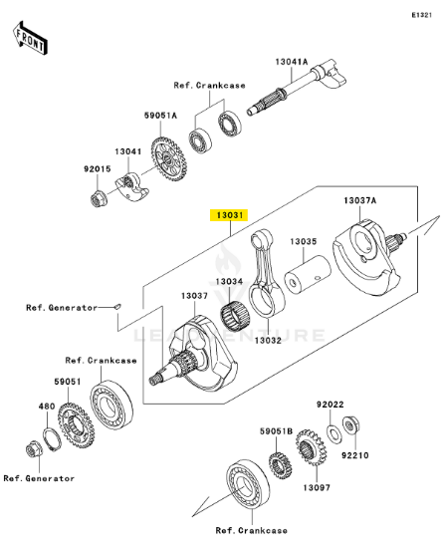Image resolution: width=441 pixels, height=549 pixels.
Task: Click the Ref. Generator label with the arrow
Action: click(62, 308)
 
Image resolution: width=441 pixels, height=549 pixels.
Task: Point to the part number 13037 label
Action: click(194, 296)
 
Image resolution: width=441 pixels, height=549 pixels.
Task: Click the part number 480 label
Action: click(45, 406)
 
